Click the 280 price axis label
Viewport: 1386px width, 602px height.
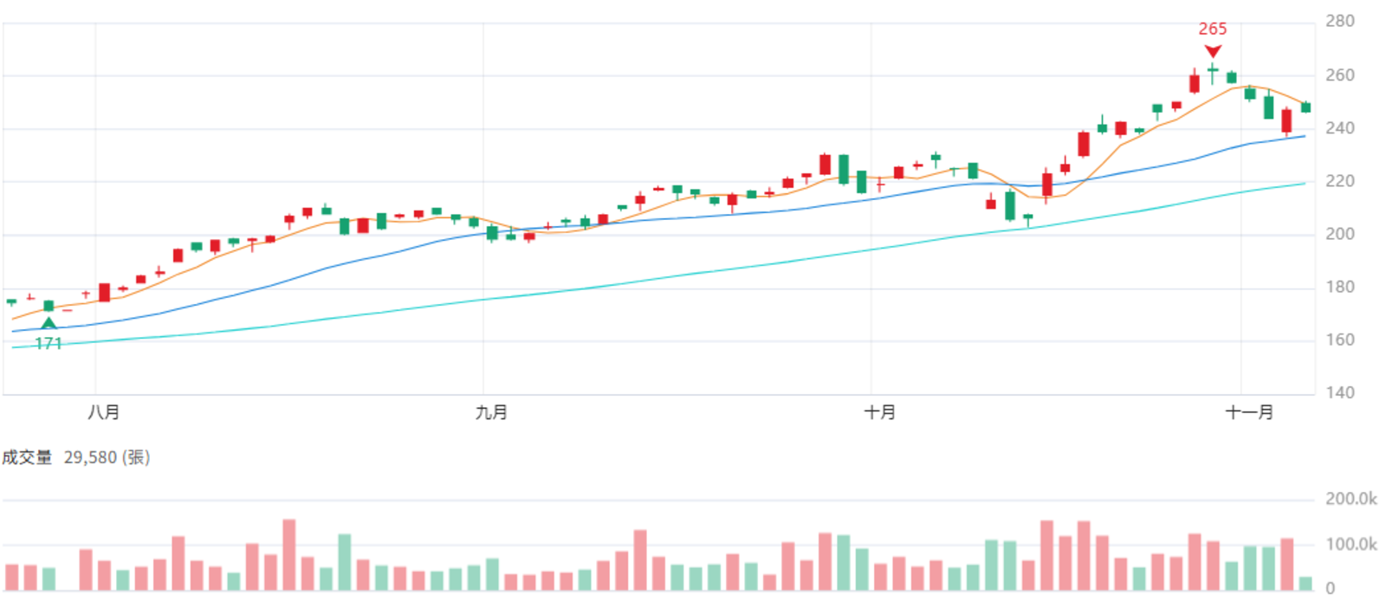tap(1339, 21)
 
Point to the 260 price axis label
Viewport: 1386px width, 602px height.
tap(1339, 74)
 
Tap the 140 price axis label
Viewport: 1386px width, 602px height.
tap(1339, 392)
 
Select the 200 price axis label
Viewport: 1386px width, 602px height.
tap(1339, 234)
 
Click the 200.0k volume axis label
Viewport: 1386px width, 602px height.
tap(1351, 499)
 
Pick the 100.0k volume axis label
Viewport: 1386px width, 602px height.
tap(1351, 545)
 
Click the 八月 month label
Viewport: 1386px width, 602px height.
tap(103, 412)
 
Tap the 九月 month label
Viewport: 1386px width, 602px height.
tap(491, 412)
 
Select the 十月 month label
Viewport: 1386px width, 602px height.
tap(879, 412)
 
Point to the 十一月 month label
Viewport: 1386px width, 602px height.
tap(1249, 412)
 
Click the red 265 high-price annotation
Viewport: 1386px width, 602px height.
tap(1212, 29)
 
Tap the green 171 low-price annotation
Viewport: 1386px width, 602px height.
tap(49, 343)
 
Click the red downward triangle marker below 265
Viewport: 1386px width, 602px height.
tap(1213, 51)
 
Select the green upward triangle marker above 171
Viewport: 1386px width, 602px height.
tap(49, 323)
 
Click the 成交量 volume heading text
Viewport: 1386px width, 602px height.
tap(27, 457)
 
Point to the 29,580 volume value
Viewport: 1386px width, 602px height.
tap(90, 457)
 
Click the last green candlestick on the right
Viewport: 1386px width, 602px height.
tap(1305, 107)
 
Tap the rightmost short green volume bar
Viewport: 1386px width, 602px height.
tap(1305, 583)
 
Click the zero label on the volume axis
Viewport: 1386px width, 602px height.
tap(1331, 588)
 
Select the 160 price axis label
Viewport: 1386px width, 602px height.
tap(1339, 340)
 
